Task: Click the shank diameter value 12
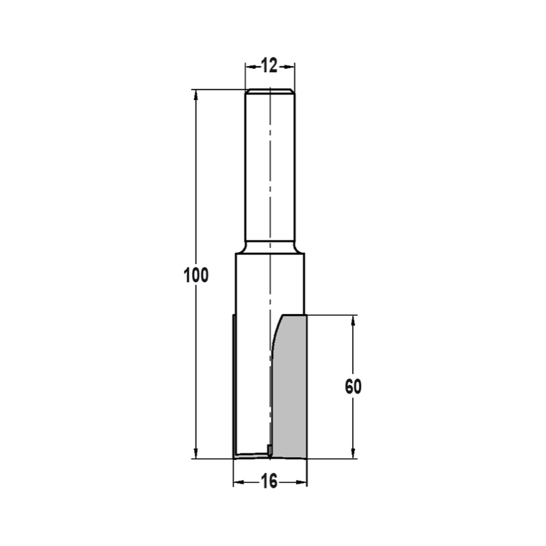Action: (x=270, y=66)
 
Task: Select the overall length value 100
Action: (x=196, y=276)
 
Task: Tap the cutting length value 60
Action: (x=353, y=387)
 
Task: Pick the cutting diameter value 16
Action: (x=270, y=481)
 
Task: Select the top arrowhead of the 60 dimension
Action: (x=353, y=321)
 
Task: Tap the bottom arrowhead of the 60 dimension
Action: (x=353, y=453)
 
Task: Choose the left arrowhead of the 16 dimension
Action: (x=238, y=482)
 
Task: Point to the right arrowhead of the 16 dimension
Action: (x=302, y=482)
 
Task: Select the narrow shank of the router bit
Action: (x=270, y=169)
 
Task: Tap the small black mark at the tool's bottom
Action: (x=269, y=449)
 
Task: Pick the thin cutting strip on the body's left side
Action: (x=234, y=382)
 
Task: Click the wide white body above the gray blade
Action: (x=257, y=284)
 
